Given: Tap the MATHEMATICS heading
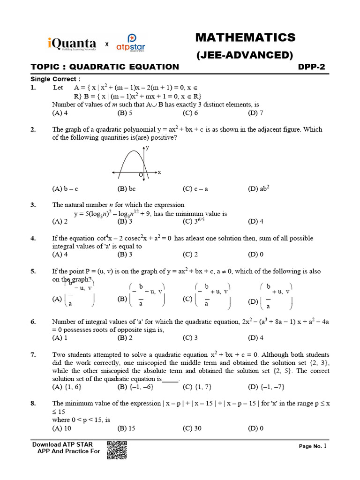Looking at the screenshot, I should tap(245, 37).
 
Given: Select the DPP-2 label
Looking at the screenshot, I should tap(312, 67).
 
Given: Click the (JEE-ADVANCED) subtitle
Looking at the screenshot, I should tap(244, 55).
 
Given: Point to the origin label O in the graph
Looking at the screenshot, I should tap(140, 175).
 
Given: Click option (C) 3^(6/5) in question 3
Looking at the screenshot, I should tap(194, 221).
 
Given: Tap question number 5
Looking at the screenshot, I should tap(33, 271).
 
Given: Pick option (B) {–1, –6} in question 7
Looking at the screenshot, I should tap(134, 387).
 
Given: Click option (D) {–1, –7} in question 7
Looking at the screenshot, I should tap(266, 387).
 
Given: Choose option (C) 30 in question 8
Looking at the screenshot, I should tap(192, 428).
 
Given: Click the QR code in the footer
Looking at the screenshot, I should tap(117, 450).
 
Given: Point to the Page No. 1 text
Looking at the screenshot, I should tap(315, 446).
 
